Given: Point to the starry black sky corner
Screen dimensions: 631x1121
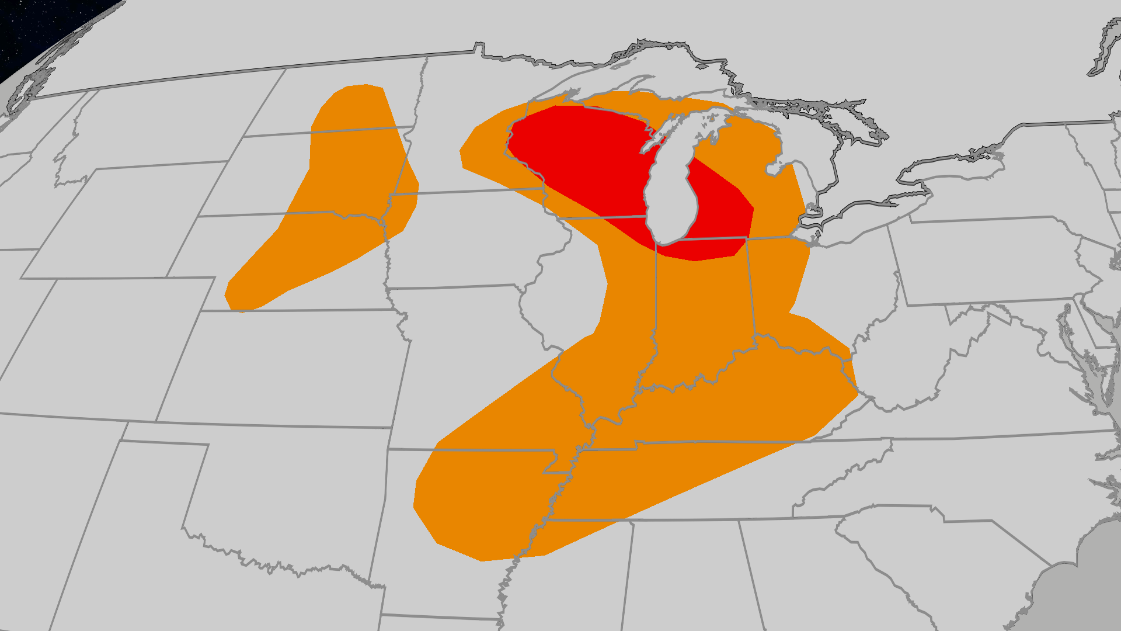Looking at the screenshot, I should (x=35, y=29).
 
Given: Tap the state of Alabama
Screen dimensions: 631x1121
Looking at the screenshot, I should (x=689, y=573).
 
